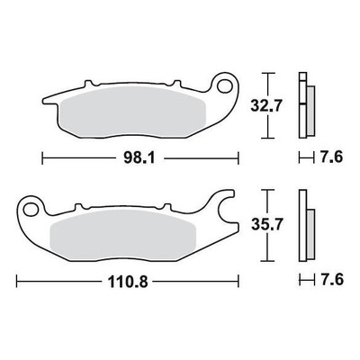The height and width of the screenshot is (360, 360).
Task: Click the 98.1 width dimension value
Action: [139, 158]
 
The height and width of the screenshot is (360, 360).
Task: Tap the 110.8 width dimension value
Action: [128, 282]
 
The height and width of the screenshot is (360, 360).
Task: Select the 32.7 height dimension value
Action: [266, 105]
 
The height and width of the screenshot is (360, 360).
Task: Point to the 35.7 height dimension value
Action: [267, 225]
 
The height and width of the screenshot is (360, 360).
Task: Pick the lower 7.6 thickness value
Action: [331, 280]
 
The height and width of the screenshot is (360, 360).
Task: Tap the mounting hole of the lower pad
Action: [30, 209]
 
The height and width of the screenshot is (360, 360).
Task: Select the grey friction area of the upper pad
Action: [133, 112]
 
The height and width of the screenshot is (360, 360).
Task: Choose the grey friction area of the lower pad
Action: [122, 235]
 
